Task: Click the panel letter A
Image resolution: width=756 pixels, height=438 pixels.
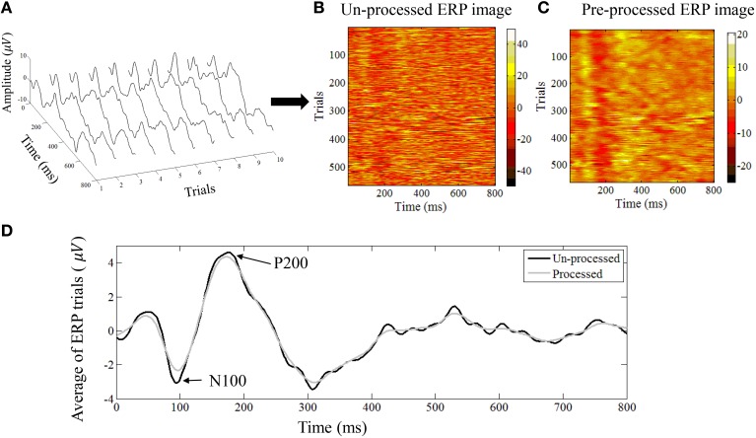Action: [x=7, y=9]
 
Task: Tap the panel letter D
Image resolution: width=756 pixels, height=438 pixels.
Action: [x=7, y=233]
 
